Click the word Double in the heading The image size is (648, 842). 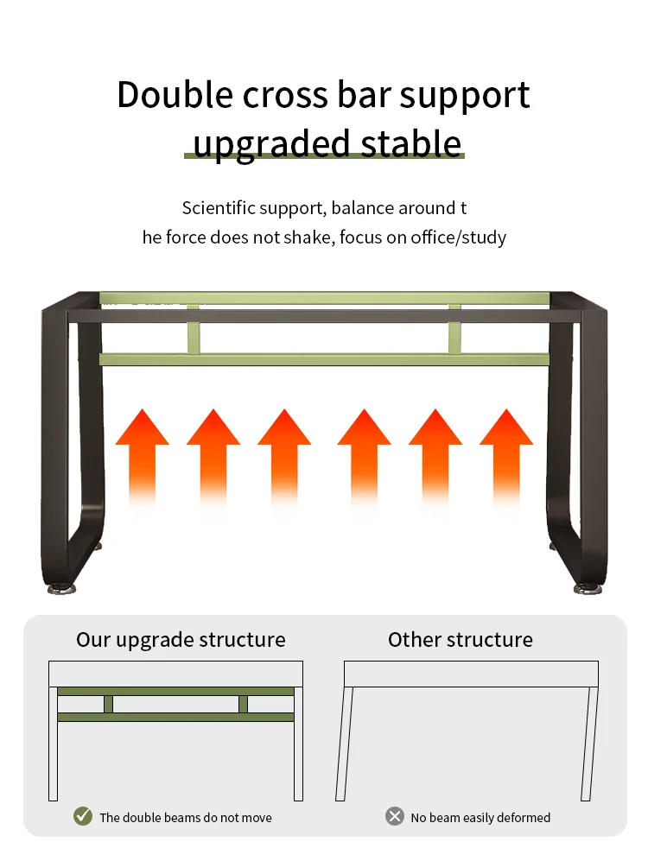point(174,95)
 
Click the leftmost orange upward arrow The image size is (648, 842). point(143,453)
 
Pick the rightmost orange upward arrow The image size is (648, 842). point(506,453)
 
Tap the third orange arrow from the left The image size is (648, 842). point(284,453)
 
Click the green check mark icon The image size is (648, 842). point(83,816)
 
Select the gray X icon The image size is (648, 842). point(395,816)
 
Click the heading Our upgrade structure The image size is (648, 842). point(181,640)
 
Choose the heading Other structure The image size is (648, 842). point(461,640)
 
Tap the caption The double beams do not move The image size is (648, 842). point(185,817)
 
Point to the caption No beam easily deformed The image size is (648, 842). point(480,817)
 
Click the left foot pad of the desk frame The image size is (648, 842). point(62,589)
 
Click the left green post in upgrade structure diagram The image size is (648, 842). point(108,704)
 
